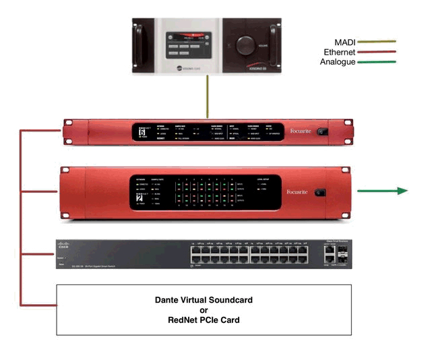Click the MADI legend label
pyautogui.click(x=345, y=42)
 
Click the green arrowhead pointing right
pyautogui.click(x=402, y=191)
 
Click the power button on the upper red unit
pyautogui.click(x=327, y=131)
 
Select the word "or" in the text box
pyautogui.click(x=203, y=310)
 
